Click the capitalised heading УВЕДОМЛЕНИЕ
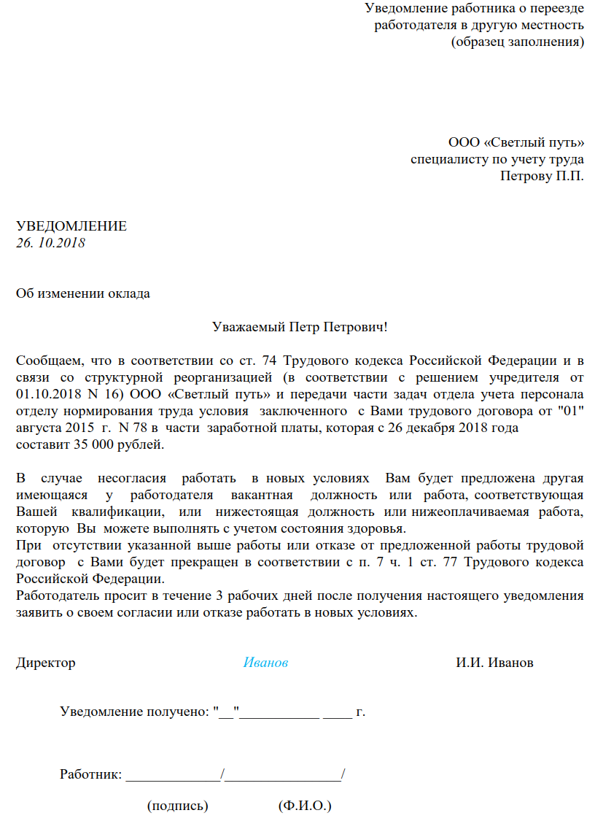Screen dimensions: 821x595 [71, 226]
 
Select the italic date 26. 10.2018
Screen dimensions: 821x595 [51, 242]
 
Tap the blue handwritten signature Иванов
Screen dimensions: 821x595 [265, 663]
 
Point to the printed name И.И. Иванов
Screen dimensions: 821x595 [494, 663]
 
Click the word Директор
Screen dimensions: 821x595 [45, 663]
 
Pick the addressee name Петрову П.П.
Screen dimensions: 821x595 [542, 175]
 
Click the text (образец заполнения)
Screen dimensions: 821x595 [518, 41]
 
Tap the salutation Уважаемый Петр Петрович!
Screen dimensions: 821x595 [299, 327]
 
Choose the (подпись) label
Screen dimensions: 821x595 [178, 806]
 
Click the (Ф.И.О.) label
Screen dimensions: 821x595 [305, 806]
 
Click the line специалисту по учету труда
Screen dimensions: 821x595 [497, 158]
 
